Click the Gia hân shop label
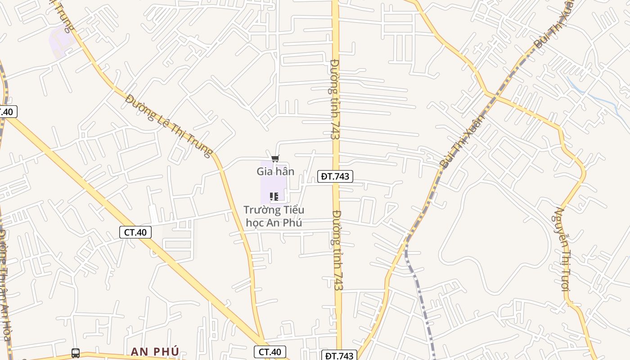click(275, 171)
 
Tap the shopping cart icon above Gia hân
click(275, 158)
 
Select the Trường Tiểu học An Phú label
click(274, 216)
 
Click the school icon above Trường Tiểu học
click(274, 197)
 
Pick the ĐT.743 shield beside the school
click(335, 176)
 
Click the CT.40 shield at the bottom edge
click(270, 352)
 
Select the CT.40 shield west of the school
click(135, 232)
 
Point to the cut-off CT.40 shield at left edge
click(7, 112)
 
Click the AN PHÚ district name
click(155, 351)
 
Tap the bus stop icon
click(76, 353)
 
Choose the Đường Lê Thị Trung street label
click(169, 126)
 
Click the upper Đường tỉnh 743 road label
click(334, 99)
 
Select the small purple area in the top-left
click(62, 41)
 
